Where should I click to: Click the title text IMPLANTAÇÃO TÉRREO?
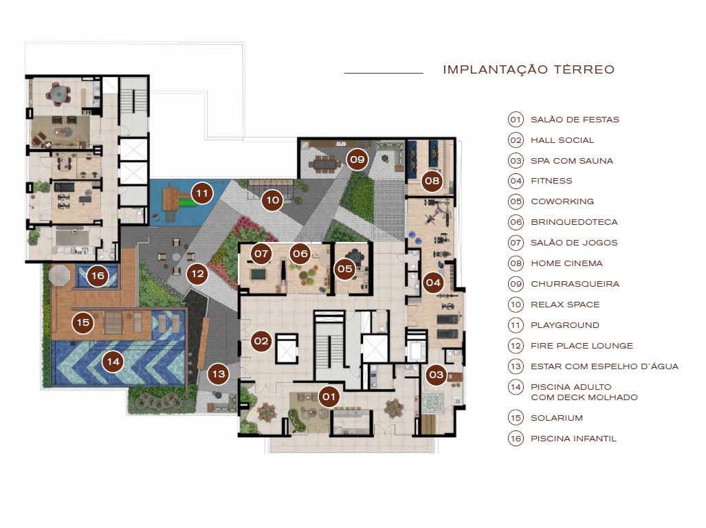[528, 69]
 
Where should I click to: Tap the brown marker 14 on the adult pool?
[113, 361]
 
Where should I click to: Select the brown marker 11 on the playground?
[201, 193]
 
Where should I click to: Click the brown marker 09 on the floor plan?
[357, 159]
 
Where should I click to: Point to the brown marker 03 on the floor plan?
[436, 375]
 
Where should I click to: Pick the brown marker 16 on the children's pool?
[98, 276]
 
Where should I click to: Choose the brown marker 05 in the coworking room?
[345, 269]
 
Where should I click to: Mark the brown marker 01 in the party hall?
[329, 396]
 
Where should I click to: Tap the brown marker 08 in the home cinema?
[432, 181]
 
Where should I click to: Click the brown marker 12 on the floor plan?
[197, 274]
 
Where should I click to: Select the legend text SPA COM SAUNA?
[571, 161]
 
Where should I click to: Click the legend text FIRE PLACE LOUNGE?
[582, 346]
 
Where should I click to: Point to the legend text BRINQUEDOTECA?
[574, 222]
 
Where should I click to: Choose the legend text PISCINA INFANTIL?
[573, 439]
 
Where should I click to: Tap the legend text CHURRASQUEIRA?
[575, 284]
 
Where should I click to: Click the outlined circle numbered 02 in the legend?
[516, 140]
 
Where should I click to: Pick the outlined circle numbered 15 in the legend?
[516, 418]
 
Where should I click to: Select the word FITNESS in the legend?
[551, 181]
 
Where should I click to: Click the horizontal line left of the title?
[384, 73]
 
